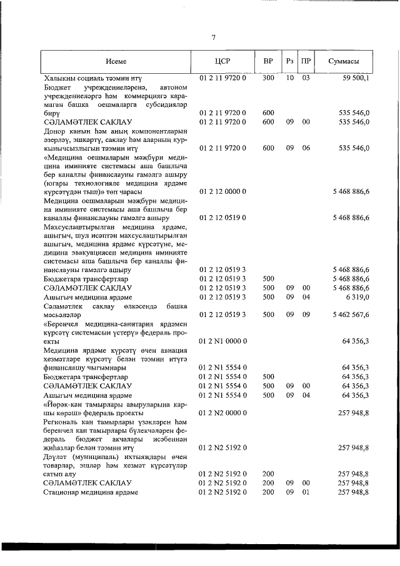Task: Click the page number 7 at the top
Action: (x=213, y=38)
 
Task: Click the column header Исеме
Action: (x=116, y=62)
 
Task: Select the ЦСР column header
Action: (x=223, y=62)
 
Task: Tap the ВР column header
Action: (x=268, y=62)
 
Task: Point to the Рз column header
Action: (x=289, y=62)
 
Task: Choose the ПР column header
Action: (x=306, y=62)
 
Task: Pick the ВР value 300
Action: (x=268, y=78)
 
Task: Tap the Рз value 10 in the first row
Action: (x=289, y=78)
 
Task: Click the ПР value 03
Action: (x=306, y=78)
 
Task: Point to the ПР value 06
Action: (x=306, y=148)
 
